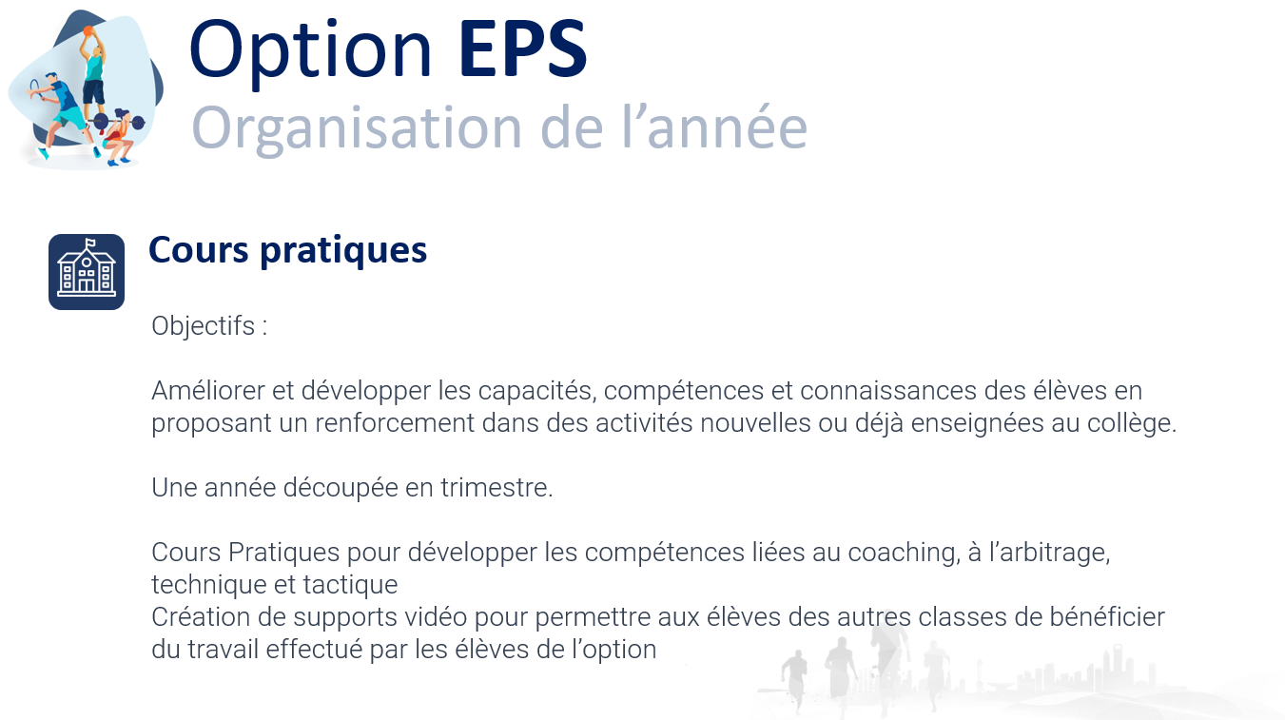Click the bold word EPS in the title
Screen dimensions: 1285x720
tap(523, 49)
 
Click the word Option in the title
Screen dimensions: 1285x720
tap(310, 52)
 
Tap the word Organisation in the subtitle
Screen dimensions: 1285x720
tap(357, 129)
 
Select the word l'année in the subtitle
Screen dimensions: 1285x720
tap(714, 126)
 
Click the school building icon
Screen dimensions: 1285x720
tap(87, 272)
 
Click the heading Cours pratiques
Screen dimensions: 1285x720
tap(287, 251)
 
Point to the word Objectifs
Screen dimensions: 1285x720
tap(204, 326)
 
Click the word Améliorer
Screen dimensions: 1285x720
tap(207, 391)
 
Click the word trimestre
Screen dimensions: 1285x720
tap(496, 488)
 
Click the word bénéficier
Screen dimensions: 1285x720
tap(1107, 617)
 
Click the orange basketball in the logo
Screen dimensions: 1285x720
tap(88, 31)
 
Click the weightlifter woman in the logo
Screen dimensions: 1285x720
tap(119, 138)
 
